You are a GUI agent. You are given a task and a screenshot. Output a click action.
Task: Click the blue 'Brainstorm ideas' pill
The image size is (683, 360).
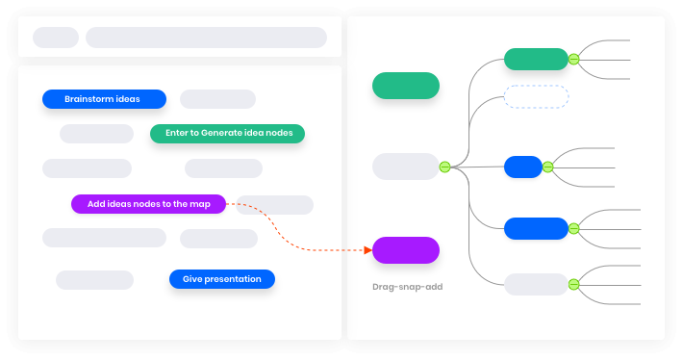point(104,99)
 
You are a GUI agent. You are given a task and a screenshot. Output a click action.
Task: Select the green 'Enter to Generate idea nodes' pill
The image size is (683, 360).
point(227,134)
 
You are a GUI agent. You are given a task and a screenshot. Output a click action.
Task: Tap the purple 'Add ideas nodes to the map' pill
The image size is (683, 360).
point(148,204)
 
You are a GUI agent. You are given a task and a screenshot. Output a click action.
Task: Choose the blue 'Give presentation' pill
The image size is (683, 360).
point(222,279)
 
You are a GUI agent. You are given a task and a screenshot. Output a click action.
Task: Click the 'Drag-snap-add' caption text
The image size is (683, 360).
point(407,287)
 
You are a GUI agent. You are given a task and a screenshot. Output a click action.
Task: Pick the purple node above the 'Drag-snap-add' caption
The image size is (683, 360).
point(406,250)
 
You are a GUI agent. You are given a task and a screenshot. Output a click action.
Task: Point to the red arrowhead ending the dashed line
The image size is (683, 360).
point(367,250)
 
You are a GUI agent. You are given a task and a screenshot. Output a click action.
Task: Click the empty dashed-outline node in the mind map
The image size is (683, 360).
point(536,96)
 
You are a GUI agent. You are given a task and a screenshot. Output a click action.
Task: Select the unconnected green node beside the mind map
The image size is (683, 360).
point(406,86)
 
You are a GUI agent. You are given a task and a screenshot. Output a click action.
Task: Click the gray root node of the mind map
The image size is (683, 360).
point(405,167)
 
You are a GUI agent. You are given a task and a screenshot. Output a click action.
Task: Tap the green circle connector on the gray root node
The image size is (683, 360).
point(444,167)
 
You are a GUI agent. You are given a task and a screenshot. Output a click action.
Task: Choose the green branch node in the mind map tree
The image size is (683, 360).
point(536,59)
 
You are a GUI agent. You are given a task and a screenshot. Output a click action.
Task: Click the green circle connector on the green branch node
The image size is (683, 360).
point(573,59)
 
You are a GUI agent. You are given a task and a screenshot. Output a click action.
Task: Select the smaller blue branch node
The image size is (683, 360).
point(522,167)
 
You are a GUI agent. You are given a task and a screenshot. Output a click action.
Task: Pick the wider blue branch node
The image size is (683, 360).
point(536,228)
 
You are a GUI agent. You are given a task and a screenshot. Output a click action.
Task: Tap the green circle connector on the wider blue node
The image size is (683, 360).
point(573,228)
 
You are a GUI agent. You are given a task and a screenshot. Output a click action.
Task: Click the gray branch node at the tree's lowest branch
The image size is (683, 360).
point(536,284)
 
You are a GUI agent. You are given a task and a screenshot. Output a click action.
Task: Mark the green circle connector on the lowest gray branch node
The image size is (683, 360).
point(573,284)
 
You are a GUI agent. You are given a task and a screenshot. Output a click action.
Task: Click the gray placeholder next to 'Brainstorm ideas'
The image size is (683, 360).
point(217,99)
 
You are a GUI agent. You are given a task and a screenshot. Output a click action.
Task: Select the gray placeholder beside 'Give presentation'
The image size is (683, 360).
point(94,280)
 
